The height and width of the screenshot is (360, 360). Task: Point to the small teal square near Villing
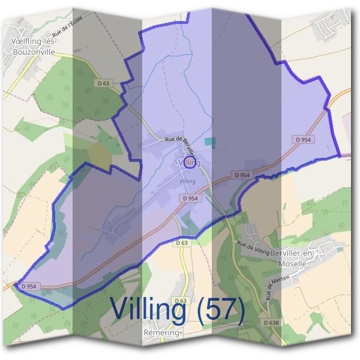click(209, 142)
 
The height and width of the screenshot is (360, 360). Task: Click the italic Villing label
click(187, 180)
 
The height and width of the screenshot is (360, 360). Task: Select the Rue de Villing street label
click(252, 247)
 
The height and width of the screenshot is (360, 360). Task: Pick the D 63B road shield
click(271, 323)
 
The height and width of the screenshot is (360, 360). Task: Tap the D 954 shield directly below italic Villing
click(188, 198)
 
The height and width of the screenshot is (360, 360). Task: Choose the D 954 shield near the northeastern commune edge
click(304, 139)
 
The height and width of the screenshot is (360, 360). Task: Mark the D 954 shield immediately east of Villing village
click(242, 175)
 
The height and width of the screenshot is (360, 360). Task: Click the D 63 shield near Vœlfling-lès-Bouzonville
click(103, 83)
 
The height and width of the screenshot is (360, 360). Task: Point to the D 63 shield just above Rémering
click(180, 300)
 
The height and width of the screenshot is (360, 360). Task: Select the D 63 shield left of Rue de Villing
click(182, 243)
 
